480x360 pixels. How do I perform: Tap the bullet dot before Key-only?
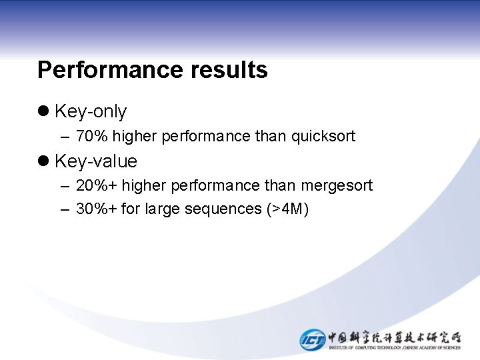pyautogui.click(x=44, y=111)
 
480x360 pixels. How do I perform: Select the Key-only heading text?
pyautogui.click(x=91, y=111)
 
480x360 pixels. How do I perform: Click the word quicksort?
pyautogui.click(x=323, y=137)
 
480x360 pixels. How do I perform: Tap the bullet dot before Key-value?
pyautogui.click(x=44, y=161)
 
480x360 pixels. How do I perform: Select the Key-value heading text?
pyautogui.click(x=96, y=161)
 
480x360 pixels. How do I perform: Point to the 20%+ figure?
pyautogui.click(x=97, y=185)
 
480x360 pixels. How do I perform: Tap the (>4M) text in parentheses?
pyautogui.click(x=287, y=209)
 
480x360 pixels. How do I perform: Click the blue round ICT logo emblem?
pyautogui.click(x=312, y=339)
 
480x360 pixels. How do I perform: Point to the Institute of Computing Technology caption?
pyautogui.click(x=394, y=347)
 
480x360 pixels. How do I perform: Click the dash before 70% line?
pyautogui.click(x=64, y=137)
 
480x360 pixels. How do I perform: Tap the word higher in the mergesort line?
pyautogui.click(x=145, y=185)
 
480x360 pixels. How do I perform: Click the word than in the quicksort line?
pyautogui.click(x=270, y=137)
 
